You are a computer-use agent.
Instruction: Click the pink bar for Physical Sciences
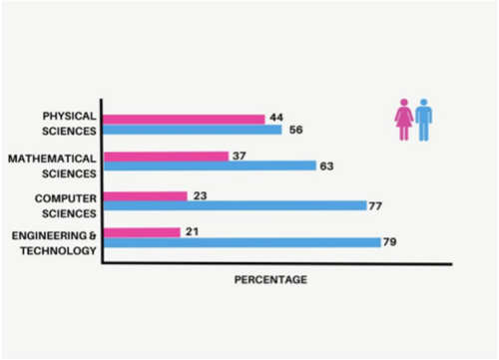[185, 119]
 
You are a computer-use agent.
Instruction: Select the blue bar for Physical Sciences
[193, 130]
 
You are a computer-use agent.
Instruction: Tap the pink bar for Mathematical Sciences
[167, 156]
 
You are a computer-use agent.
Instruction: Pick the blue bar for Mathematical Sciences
[210, 167]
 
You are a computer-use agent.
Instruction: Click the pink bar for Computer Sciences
[146, 195]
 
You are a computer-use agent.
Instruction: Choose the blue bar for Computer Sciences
[235, 206]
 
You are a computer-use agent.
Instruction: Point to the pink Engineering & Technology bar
[143, 232]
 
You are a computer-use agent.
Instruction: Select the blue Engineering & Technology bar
[242, 242]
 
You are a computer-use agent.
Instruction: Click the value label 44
[276, 118]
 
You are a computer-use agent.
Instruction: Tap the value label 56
[294, 130]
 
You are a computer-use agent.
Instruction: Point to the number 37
[240, 156]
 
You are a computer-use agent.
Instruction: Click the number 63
[326, 167]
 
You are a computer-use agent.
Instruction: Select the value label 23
[200, 195]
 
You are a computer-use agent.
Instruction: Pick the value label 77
[376, 206]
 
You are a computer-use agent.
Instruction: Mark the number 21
[192, 231]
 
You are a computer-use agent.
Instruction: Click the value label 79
[391, 242]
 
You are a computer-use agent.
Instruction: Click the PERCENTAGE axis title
[270, 280]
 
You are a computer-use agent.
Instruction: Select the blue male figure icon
[424, 119]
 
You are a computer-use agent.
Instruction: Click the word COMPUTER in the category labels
[66, 197]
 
